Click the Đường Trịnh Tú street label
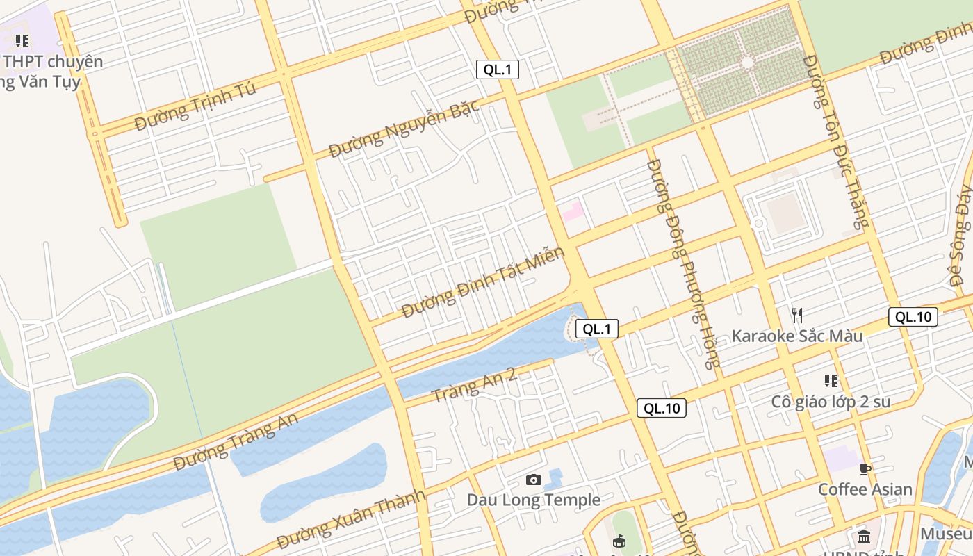195,106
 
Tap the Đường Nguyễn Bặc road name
404,128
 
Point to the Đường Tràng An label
236,441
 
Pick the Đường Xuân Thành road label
350,518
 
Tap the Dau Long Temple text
533,500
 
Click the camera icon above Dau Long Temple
533,480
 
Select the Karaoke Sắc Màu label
796,336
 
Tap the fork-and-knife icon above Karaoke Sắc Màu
797,316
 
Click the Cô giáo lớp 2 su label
831,402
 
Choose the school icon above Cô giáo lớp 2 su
831,381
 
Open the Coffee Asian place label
865,489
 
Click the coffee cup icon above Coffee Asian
865,469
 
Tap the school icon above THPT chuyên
22,41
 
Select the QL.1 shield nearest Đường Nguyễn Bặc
498,69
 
